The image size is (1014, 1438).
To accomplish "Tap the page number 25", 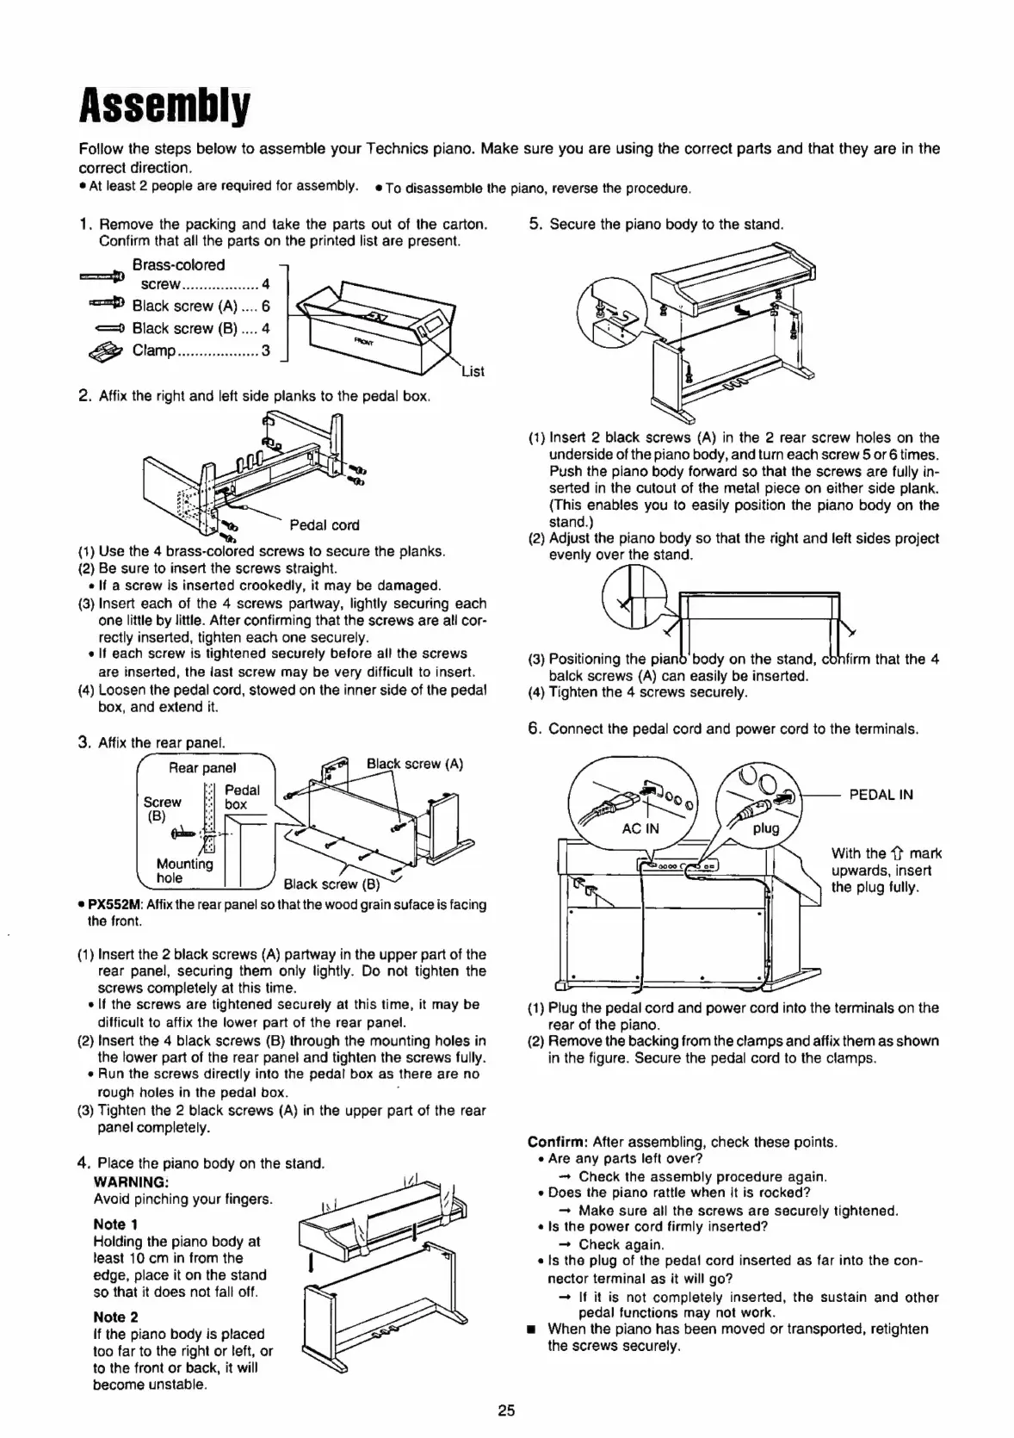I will (506, 1410).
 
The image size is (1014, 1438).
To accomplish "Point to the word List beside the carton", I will (473, 372).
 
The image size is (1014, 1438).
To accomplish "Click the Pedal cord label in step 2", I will (325, 525).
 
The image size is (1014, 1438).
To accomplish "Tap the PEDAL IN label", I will (881, 795).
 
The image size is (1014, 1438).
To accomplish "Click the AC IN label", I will (640, 829).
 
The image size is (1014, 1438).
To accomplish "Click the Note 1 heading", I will (115, 1224).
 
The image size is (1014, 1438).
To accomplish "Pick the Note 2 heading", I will (115, 1317).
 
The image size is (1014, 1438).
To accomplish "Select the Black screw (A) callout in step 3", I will (414, 764).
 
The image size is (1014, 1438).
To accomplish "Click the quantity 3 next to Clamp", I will (265, 350).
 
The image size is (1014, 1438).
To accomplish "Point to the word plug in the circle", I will (765, 828).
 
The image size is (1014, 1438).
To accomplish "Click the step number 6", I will (535, 728).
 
